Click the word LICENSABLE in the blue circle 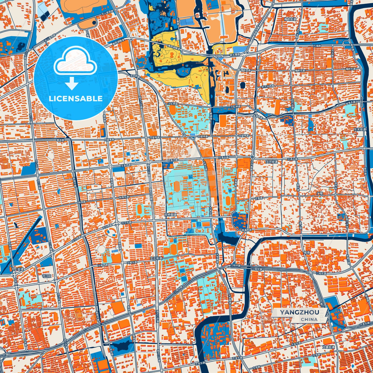(x=76, y=99)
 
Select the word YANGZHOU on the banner (x=299, y=312)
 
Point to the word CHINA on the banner (x=309, y=319)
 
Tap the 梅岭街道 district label (x=290, y=19)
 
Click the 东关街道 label (x=360, y=129)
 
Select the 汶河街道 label (x=272, y=162)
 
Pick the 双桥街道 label (x=170, y=215)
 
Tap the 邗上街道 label (x=17, y=269)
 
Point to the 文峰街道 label (x=328, y=347)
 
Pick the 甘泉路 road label (x=259, y=198)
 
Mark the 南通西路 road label (x=247, y=229)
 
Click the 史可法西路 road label (x=268, y=87)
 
